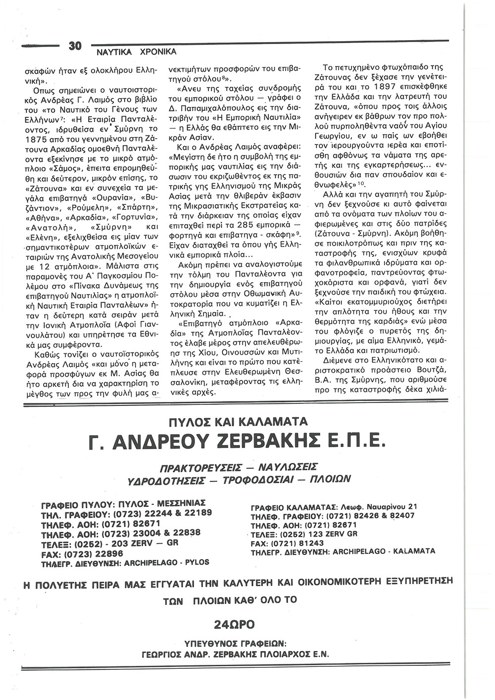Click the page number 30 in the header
pos(75,47)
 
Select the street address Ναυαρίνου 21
pos(390,506)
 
